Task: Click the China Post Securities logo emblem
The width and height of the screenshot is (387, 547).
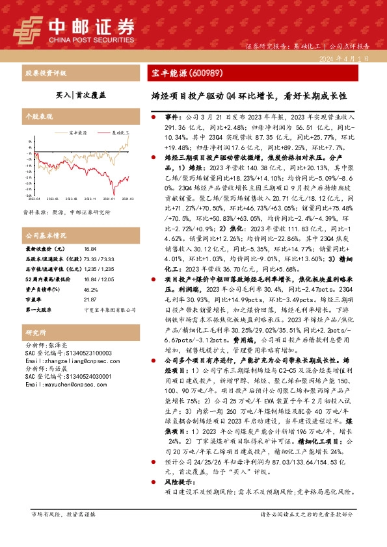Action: point(28,27)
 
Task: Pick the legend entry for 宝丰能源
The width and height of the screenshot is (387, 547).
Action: point(77,132)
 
